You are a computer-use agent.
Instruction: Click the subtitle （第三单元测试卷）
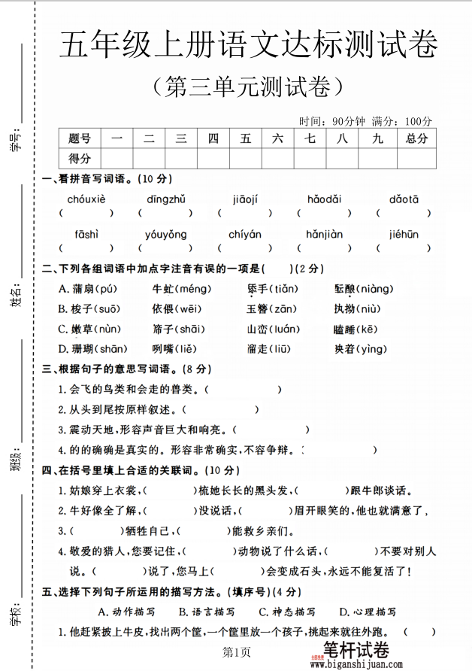pos(247,88)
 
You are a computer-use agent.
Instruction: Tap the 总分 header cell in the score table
pos(416,138)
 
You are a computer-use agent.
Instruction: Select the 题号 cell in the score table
pos(79,138)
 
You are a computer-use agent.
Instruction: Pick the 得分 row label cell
pos(79,159)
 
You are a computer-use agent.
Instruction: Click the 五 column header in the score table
pos(246,138)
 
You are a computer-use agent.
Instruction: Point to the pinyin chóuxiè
pos(86,199)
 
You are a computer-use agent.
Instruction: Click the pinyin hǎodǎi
pos(324,199)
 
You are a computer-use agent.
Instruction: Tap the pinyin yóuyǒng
pos(165,234)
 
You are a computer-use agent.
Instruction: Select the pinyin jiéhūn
pos(404,234)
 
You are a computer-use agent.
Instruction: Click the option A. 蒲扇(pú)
pos(88,289)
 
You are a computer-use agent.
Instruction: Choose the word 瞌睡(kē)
pos(356,329)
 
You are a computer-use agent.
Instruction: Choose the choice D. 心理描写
pos(368,612)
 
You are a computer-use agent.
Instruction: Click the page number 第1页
pos(236,651)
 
